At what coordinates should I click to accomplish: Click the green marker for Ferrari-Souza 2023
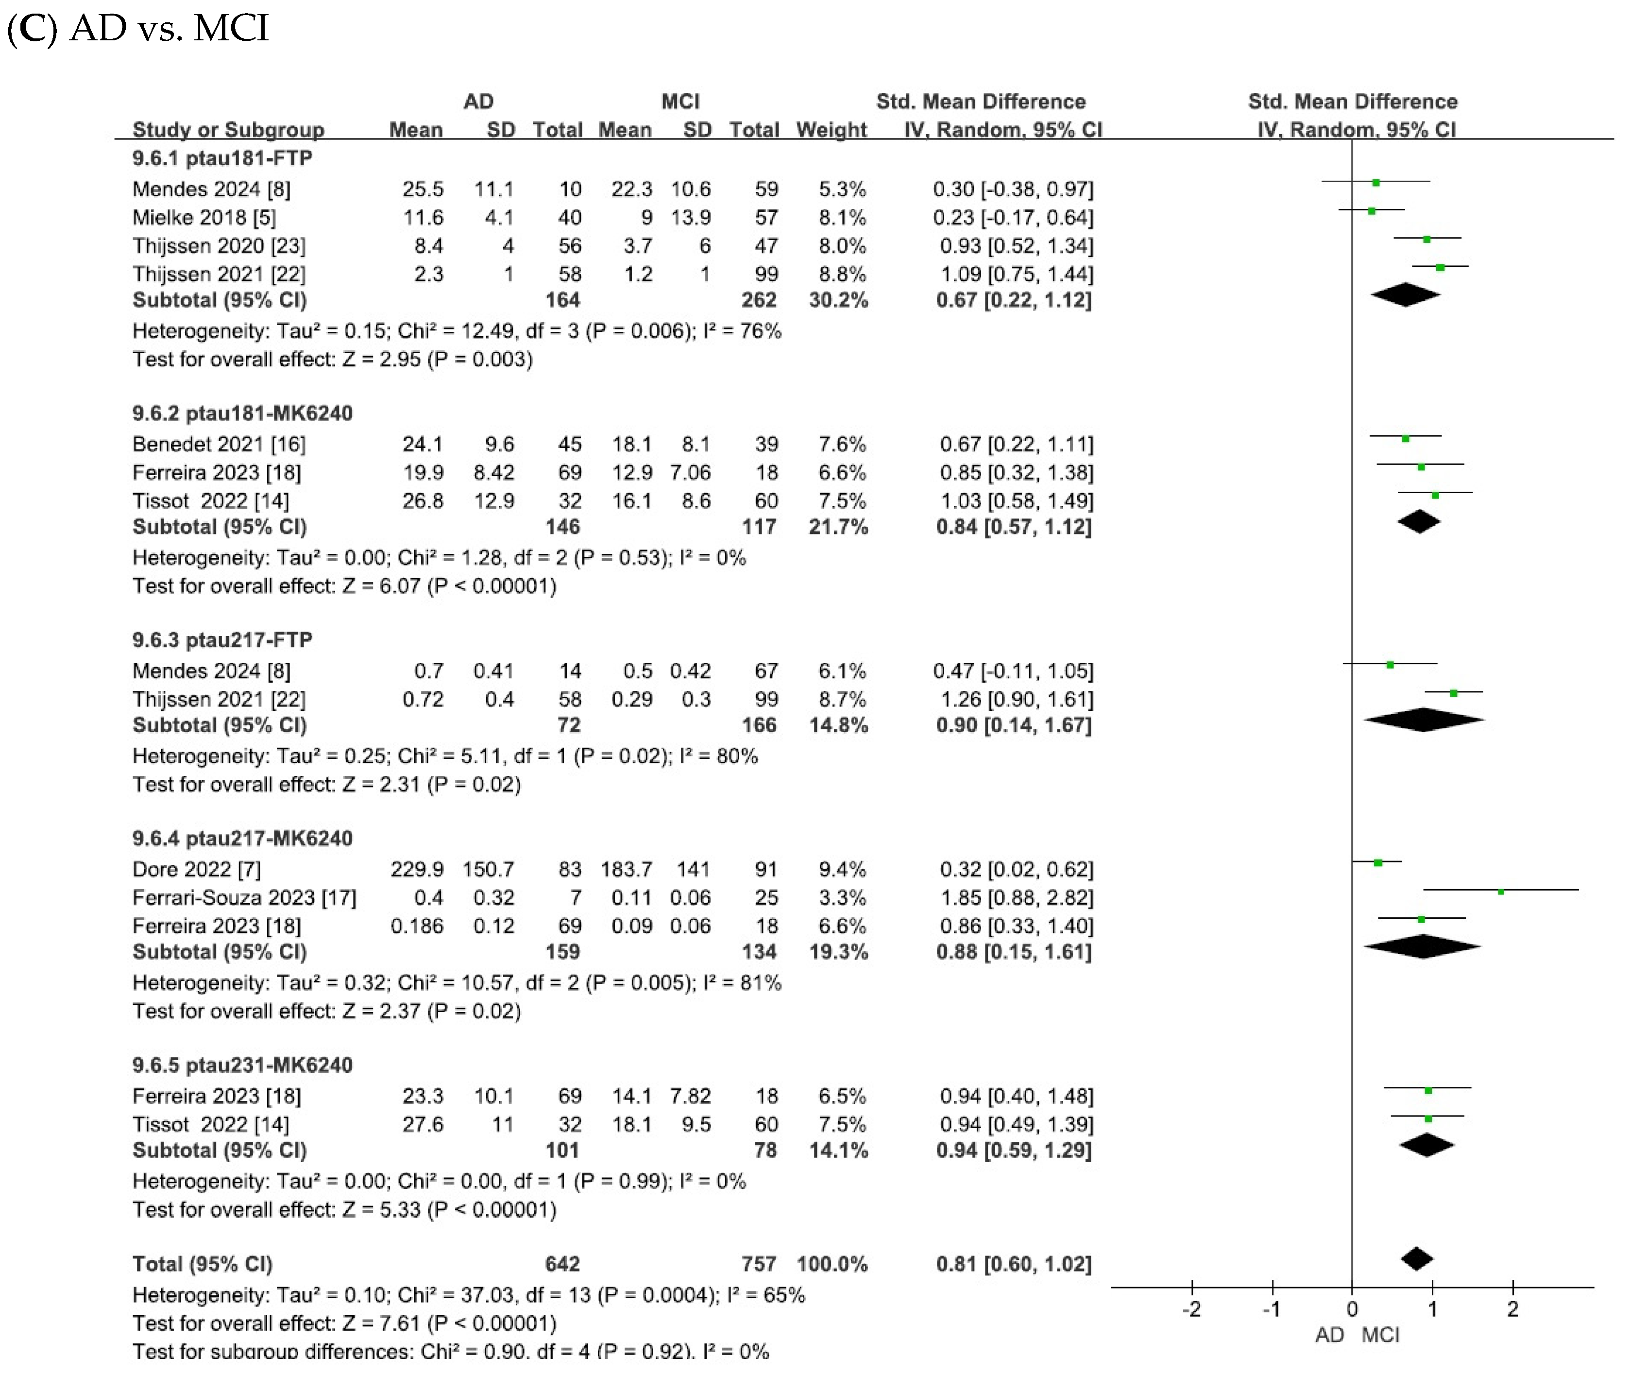[1500, 891]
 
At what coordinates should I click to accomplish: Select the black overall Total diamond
[1417, 1258]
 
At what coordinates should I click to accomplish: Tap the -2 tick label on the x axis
[1191, 1309]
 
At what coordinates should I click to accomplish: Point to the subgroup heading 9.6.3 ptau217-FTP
[222, 639]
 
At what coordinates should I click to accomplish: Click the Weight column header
[831, 130]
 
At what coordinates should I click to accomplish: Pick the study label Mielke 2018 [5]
[204, 217]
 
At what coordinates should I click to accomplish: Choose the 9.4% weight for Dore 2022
[842, 869]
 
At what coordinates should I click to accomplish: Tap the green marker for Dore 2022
[1378, 863]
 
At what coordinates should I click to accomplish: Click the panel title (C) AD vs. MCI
[138, 28]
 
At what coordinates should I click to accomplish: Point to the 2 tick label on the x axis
[1512, 1309]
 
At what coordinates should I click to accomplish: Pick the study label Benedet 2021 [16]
[219, 444]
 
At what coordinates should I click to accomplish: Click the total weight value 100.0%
[832, 1264]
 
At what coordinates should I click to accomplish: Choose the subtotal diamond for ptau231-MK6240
[1427, 1145]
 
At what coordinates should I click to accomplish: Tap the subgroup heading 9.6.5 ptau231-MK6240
[242, 1065]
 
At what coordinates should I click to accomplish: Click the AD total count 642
[562, 1264]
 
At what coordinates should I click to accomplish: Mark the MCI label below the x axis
[1380, 1335]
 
